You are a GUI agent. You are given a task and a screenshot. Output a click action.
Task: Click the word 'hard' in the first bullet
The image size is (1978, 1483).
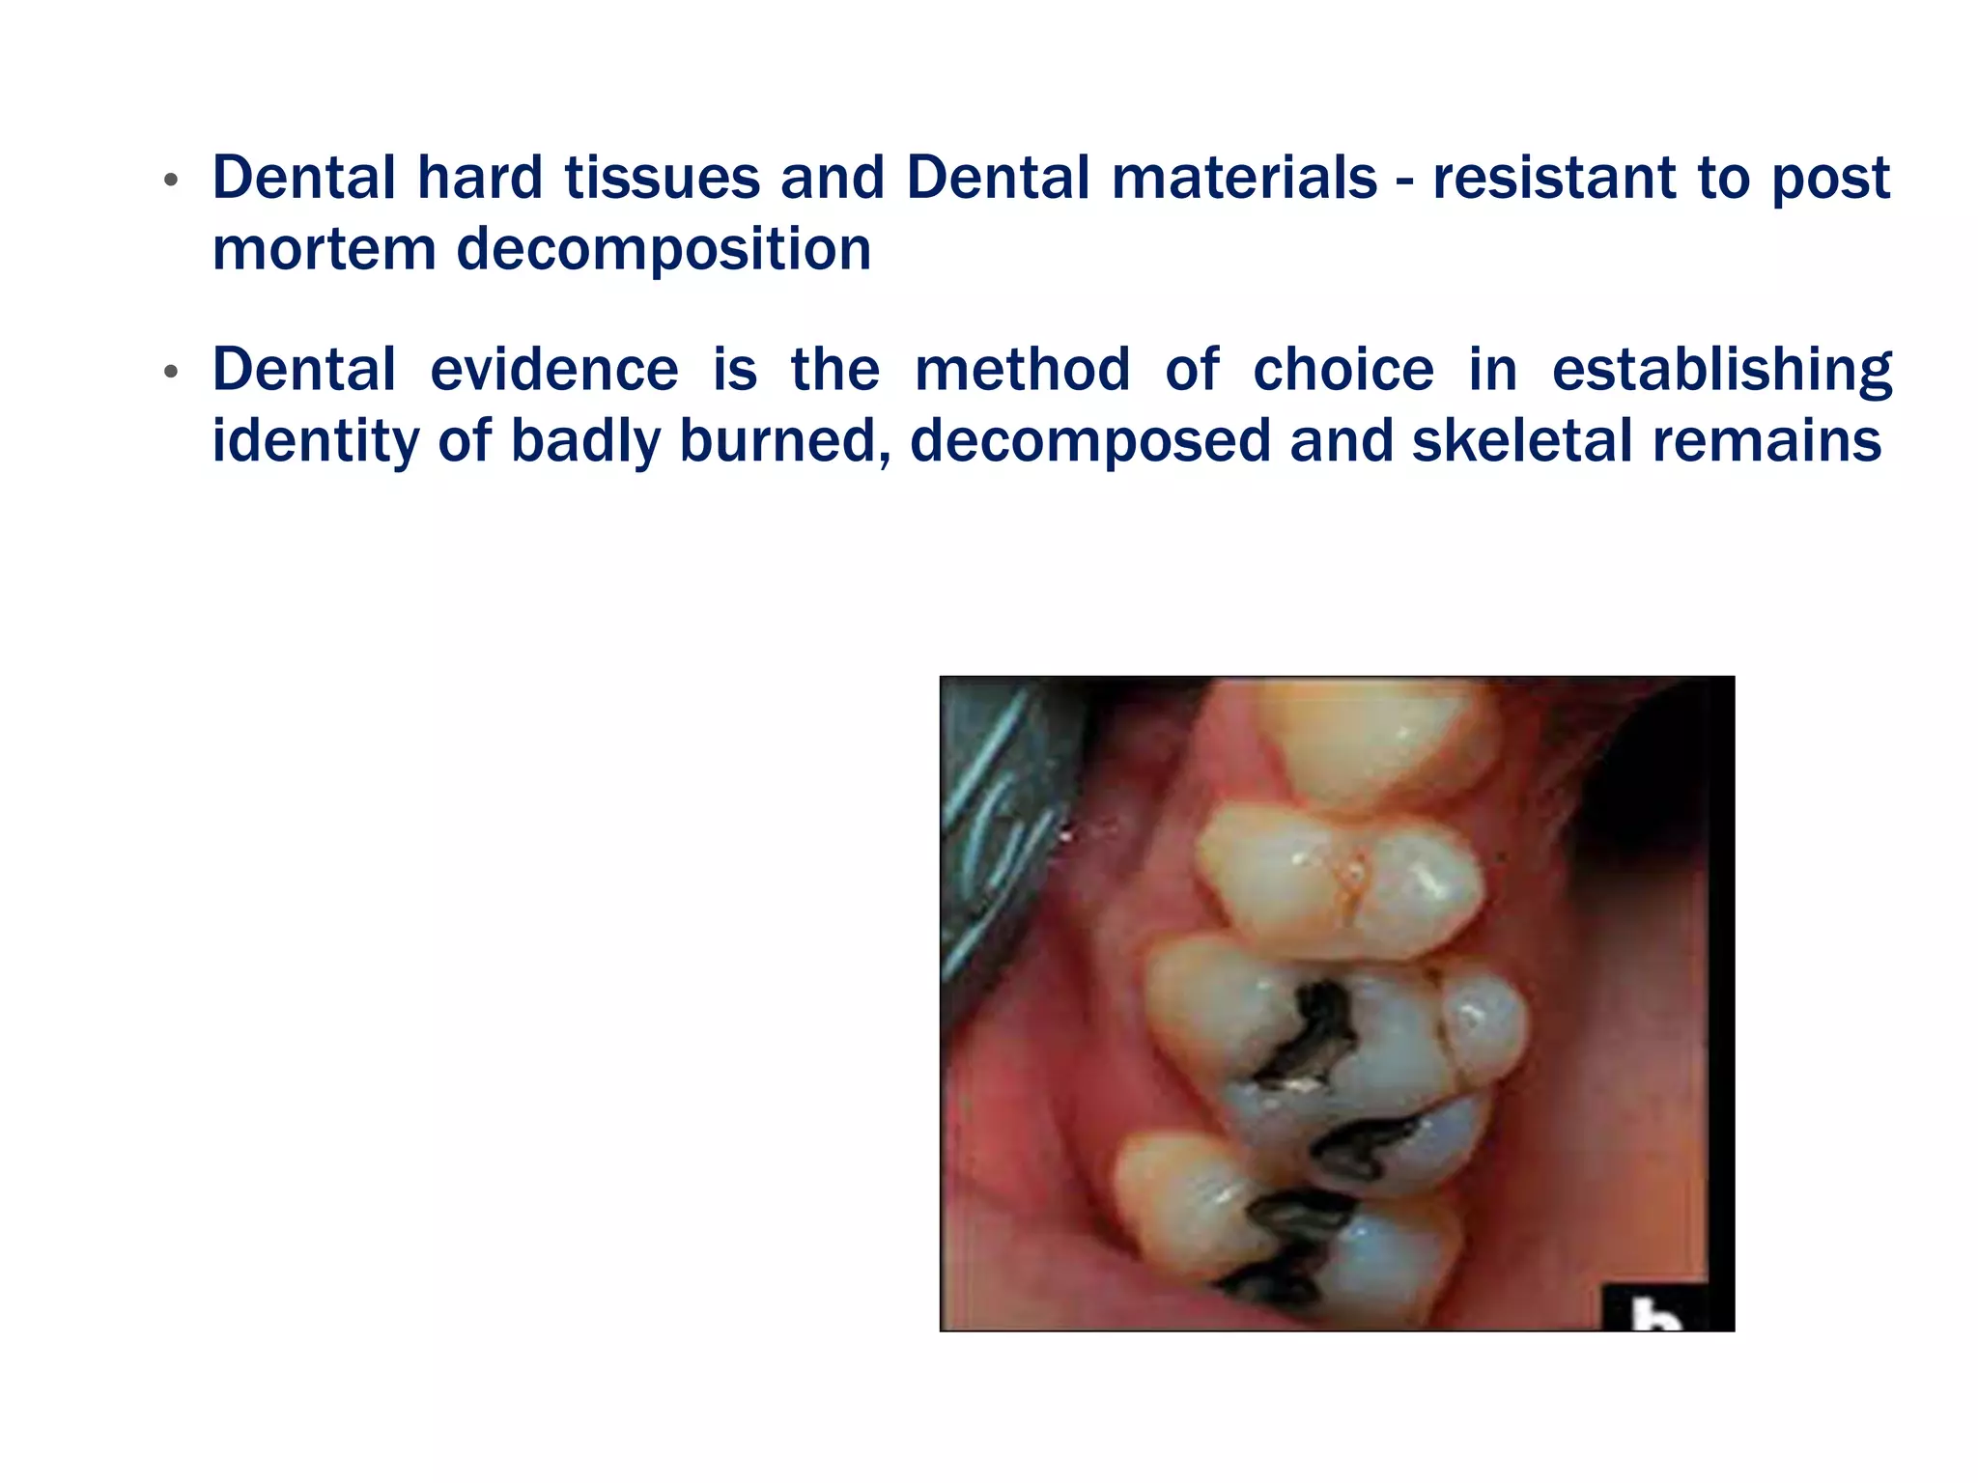pos(479,179)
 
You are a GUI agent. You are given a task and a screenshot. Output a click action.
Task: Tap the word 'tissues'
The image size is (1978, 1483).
pos(663,179)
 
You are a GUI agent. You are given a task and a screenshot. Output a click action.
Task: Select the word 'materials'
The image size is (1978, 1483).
pos(1244,179)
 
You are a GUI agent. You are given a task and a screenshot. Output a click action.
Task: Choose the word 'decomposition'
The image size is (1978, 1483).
pos(664,250)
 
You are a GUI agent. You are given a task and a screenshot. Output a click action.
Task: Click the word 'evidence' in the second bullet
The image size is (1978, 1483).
pos(554,371)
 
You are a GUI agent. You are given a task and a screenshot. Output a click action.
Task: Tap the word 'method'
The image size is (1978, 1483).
pos(1022,371)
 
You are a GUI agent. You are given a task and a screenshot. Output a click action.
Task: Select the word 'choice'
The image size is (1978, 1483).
pos(1343,371)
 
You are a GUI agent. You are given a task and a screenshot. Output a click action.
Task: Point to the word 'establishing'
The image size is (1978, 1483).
pos(1721,371)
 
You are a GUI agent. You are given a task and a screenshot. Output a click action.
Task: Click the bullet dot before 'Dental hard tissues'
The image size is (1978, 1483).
pos(171,181)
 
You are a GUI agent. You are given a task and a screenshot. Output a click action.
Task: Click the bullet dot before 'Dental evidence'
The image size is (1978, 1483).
pos(171,372)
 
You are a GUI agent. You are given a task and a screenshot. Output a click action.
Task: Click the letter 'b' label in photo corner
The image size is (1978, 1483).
pos(1653,1313)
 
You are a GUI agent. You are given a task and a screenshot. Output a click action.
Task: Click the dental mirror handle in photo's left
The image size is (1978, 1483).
pos(995,830)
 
